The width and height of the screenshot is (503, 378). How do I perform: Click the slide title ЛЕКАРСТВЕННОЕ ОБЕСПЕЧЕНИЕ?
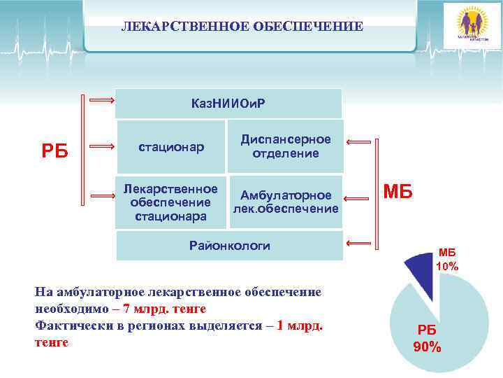point(242,27)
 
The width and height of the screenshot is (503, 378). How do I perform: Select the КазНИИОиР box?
point(228,104)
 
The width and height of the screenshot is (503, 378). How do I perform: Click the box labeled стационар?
point(170,147)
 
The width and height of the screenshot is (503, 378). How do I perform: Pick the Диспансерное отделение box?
point(286,146)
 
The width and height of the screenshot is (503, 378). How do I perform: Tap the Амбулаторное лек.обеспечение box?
point(286,202)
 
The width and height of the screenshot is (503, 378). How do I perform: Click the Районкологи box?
point(228,245)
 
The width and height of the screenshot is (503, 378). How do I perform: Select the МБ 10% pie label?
point(446,260)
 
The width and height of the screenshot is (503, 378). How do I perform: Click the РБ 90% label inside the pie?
point(426,338)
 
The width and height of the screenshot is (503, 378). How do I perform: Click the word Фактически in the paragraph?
point(66,325)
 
